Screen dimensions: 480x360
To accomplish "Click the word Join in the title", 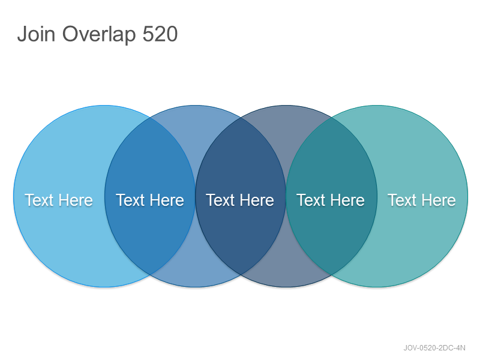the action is (x=36, y=34).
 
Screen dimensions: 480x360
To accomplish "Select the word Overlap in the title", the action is (x=99, y=35).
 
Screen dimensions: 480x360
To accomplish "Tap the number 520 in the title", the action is (x=160, y=34).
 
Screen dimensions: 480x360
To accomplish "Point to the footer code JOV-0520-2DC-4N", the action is (x=434, y=348).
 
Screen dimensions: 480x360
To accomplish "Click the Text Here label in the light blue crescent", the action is (x=58, y=200).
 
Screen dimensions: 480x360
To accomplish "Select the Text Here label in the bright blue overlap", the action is (x=149, y=200).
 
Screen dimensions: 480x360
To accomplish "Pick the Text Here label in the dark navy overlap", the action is (x=240, y=200).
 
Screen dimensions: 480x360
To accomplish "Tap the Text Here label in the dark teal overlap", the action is (x=331, y=200).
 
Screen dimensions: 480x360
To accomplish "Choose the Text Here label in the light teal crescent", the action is (x=422, y=200).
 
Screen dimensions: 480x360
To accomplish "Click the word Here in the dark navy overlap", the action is (x=257, y=200).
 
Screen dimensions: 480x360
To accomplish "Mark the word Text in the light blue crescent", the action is (x=39, y=200).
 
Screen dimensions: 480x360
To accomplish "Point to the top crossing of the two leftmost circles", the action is (x=149, y=118).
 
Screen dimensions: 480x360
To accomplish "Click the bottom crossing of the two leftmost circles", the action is (x=149, y=275).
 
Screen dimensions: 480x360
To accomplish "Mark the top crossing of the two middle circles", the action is (x=241, y=118).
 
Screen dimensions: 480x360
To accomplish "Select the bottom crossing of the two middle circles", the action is (x=241, y=275).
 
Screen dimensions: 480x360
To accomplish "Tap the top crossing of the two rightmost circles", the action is (x=332, y=118).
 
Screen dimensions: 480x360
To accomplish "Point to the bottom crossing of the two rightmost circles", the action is (x=332, y=275).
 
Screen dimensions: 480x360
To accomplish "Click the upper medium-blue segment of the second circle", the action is (x=196, y=128).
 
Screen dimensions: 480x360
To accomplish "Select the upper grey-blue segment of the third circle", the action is (x=286, y=128).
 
